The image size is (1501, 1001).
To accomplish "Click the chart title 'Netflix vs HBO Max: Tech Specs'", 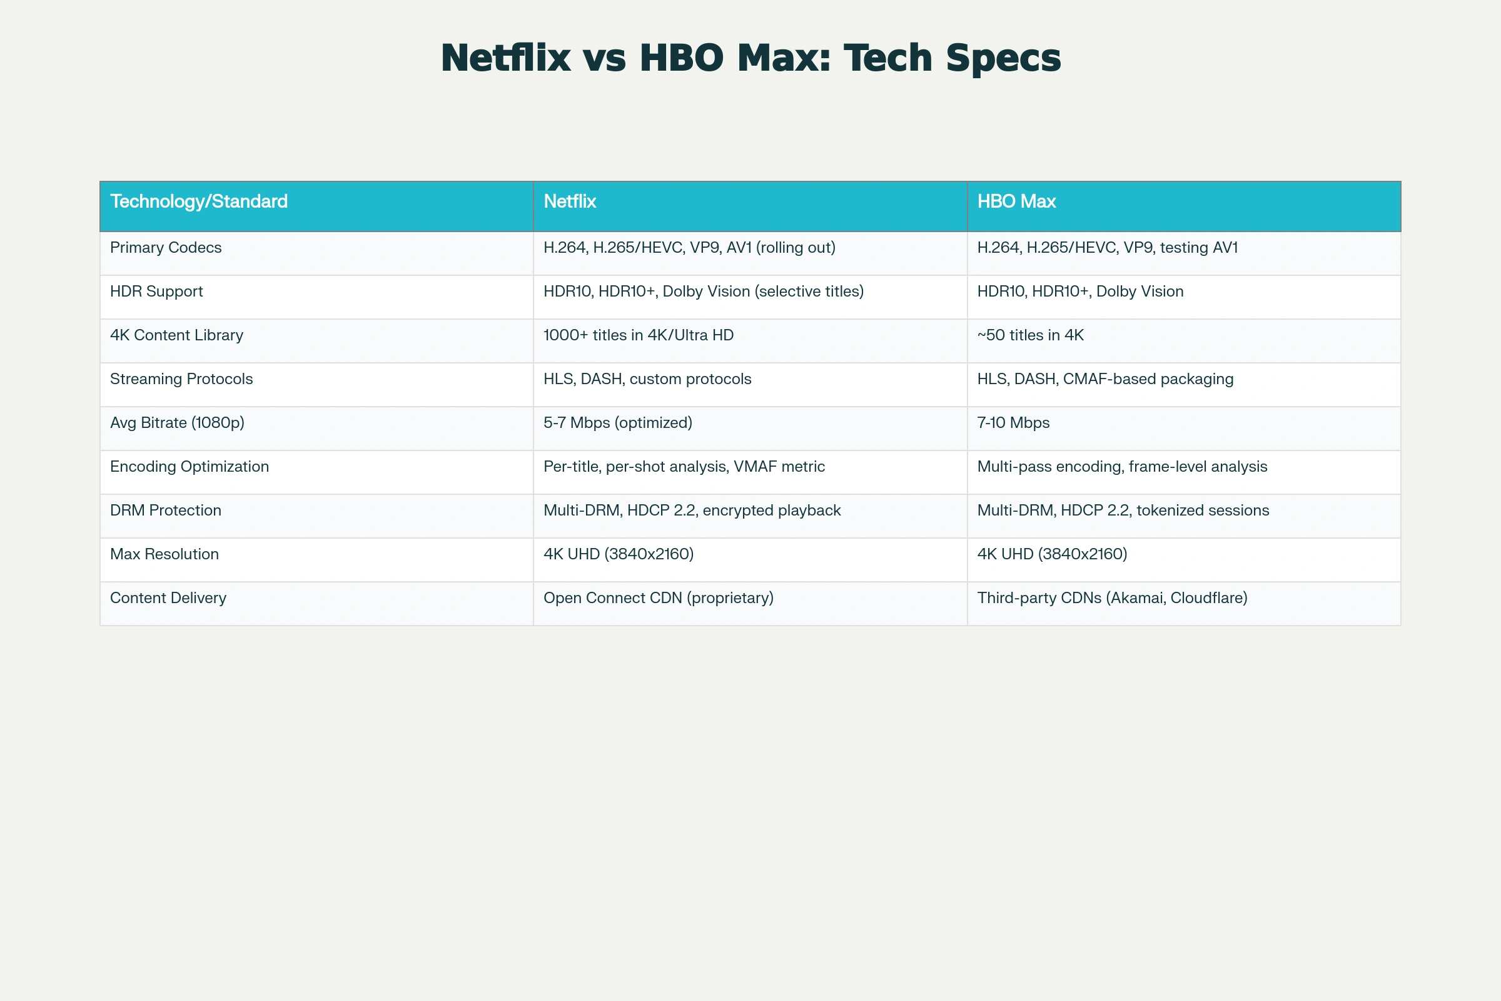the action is point(750,58).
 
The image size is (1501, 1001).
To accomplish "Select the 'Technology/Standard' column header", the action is point(199,201).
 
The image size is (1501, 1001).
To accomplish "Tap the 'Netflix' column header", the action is point(570,201).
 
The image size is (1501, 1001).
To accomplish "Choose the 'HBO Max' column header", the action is point(1017,201).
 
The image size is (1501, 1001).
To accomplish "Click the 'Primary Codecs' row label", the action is point(166,247).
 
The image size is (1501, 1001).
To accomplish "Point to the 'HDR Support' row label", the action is point(156,291).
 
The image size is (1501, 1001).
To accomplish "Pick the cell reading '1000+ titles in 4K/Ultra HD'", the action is point(639,335).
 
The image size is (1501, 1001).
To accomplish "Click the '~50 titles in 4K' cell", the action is point(1031,335).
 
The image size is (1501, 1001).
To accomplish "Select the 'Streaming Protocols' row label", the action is point(181,379).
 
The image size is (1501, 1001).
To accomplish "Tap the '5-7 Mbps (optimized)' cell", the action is point(618,423).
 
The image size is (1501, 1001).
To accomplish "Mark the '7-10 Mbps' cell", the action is point(1013,423).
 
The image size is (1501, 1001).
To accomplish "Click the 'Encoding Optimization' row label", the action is point(190,467).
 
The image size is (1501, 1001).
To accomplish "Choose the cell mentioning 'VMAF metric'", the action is point(684,467).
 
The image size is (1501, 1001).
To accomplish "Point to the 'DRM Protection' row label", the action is point(166,510).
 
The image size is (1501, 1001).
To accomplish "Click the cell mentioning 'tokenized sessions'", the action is point(1123,510).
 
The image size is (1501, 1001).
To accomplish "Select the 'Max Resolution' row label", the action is point(164,554).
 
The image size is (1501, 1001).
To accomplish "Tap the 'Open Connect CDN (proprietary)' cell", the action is point(659,598).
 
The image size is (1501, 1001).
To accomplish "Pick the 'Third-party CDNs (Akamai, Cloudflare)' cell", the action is point(1113,598).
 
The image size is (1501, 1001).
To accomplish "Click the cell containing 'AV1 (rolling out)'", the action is point(689,248).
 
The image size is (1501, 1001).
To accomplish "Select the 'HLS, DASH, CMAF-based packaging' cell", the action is point(1105,379).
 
